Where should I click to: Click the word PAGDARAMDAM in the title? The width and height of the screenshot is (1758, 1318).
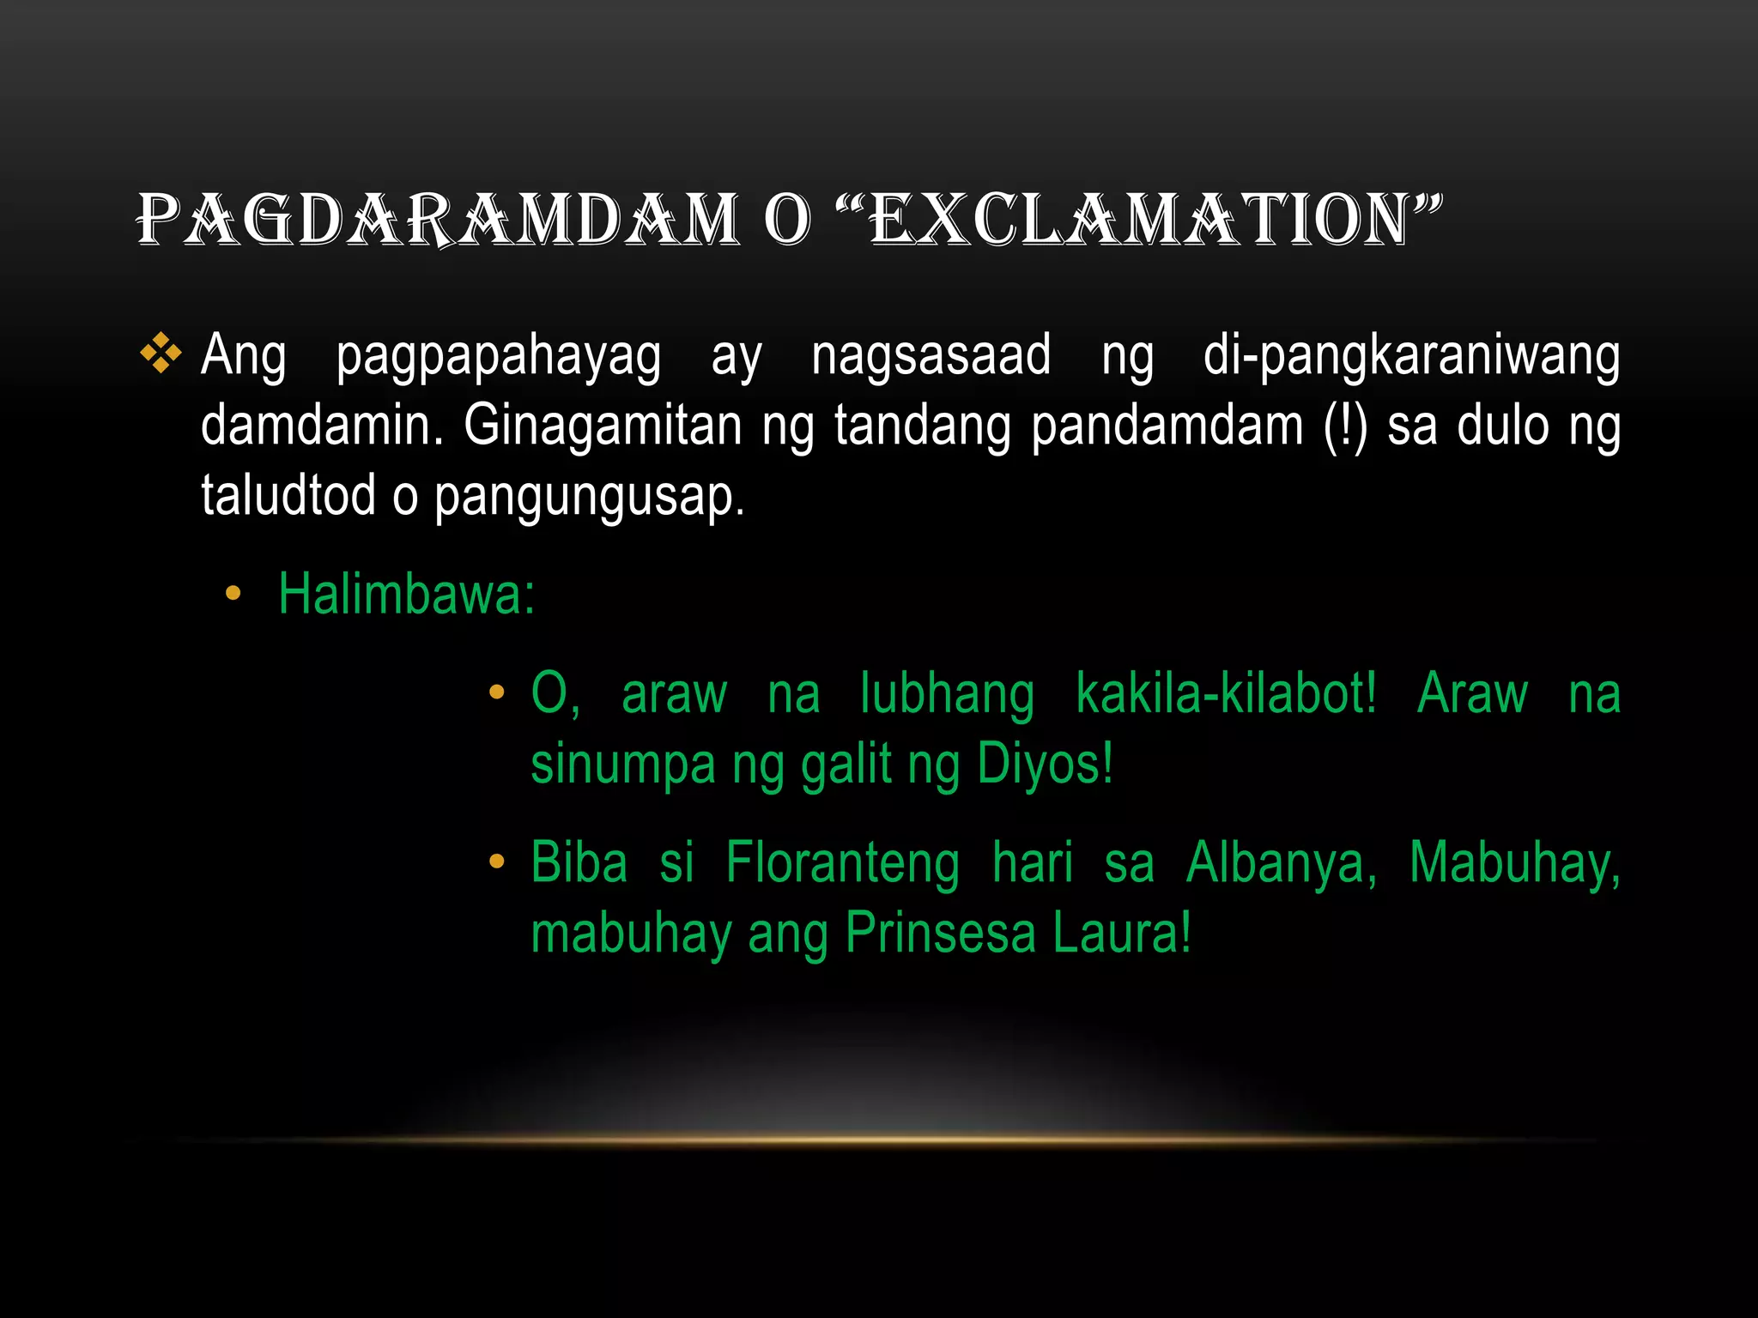click(x=438, y=220)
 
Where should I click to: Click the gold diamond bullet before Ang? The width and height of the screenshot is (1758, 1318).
click(x=161, y=354)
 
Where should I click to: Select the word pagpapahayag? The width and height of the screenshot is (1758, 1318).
click(x=498, y=357)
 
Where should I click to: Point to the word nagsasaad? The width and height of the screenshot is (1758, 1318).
click(x=931, y=355)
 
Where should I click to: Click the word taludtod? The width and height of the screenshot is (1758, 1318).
click(x=288, y=496)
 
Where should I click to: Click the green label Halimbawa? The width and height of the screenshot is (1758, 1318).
click(x=406, y=594)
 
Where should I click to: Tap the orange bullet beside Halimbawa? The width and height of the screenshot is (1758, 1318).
click(x=233, y=594)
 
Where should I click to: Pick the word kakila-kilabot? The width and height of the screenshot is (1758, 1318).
click(x=1226, y=693)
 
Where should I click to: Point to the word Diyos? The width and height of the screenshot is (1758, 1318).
click(x=1045, y=764)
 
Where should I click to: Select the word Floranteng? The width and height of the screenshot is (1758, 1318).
click(x=842, y=863)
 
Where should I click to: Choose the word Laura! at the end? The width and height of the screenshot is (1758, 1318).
click(x=1122, y=933)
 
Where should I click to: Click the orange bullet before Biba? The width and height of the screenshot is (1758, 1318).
click(x=496, y=862)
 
